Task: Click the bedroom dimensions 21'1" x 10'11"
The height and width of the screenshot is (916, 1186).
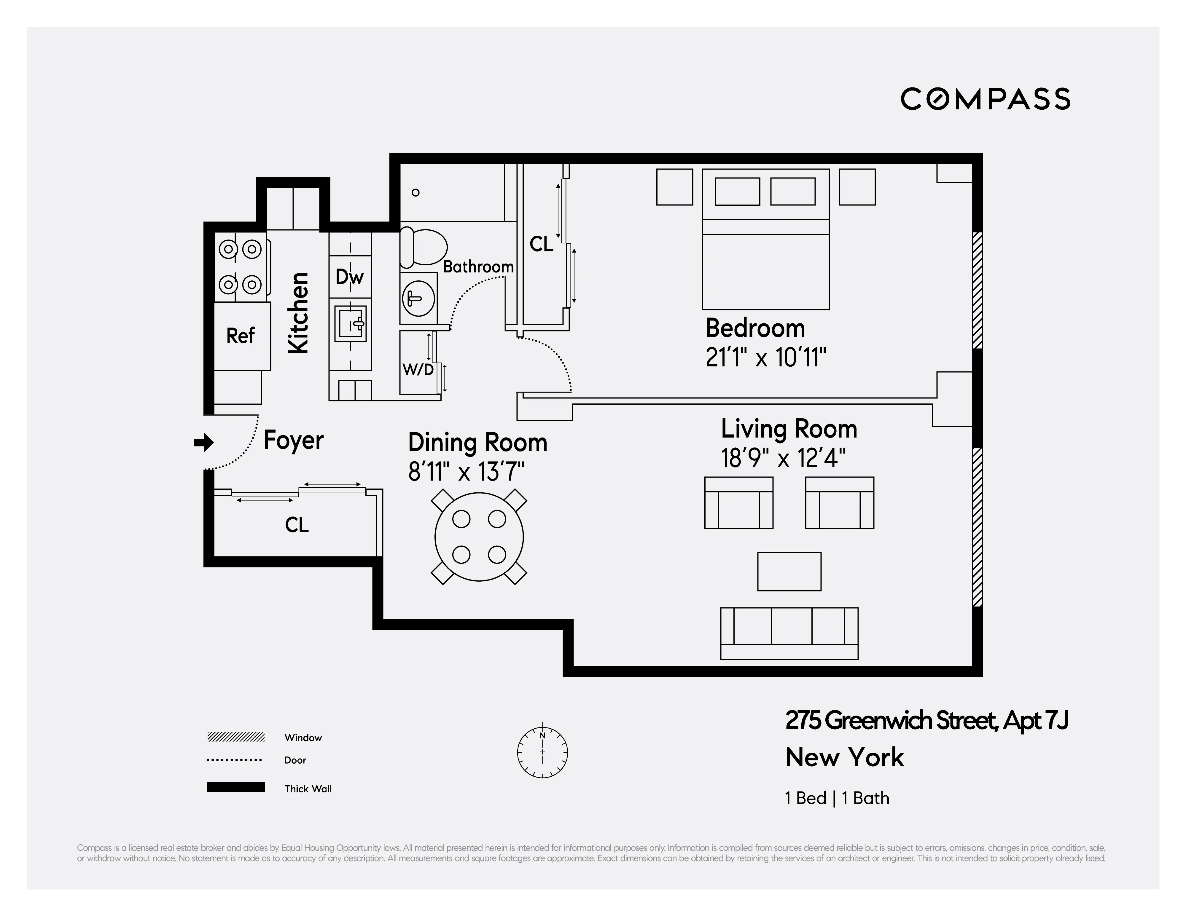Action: click(x=766, y=358)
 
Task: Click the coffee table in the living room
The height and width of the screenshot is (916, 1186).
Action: click(x=789, y=572)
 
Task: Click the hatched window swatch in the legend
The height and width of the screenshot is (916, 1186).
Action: click(x=236, y=737)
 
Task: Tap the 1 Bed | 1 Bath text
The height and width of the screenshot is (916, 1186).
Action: click(x=837, y=798)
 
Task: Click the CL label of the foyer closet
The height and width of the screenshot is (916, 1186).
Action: click(x=297, y=525)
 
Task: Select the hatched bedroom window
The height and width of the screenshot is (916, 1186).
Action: click(x=977, y=290)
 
